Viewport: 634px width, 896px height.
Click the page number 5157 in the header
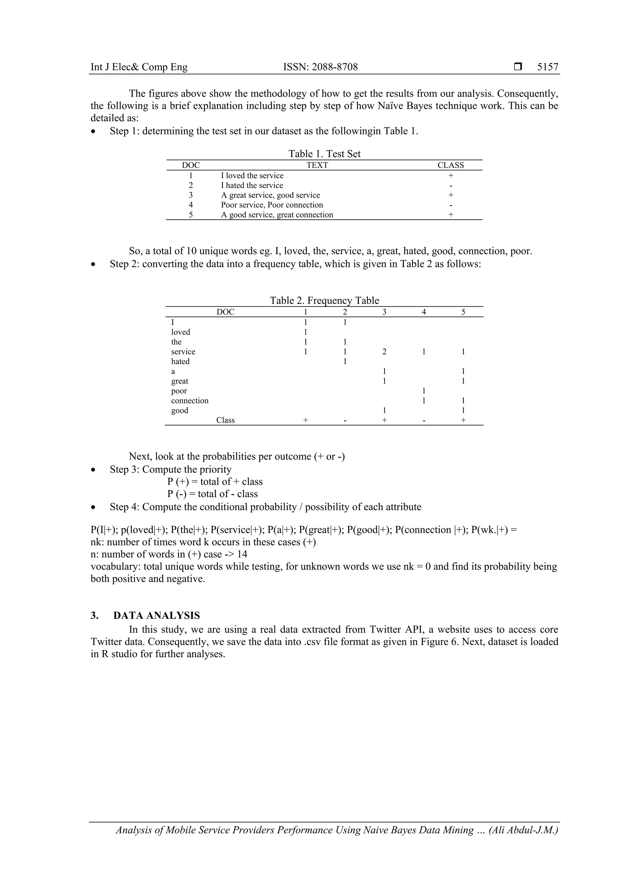547,67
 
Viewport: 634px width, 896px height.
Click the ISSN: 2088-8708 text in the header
320,67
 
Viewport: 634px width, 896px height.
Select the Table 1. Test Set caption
324,154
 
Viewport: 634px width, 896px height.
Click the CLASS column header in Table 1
450,165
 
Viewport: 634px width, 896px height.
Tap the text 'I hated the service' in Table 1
252,185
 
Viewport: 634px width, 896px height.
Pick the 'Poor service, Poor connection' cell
272,205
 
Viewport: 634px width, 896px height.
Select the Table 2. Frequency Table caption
324,300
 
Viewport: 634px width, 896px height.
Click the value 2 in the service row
384,351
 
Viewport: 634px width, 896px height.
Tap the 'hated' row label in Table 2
180,361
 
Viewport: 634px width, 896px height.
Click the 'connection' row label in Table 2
190,401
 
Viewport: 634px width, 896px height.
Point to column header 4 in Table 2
423,312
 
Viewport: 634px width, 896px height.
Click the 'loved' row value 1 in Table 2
305,332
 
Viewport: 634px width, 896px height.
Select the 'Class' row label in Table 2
225,420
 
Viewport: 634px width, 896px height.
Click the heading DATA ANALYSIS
157,615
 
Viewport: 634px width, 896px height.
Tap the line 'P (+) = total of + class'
215,481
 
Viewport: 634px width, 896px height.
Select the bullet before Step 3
93,470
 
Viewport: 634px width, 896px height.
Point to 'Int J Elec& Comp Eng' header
139,67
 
